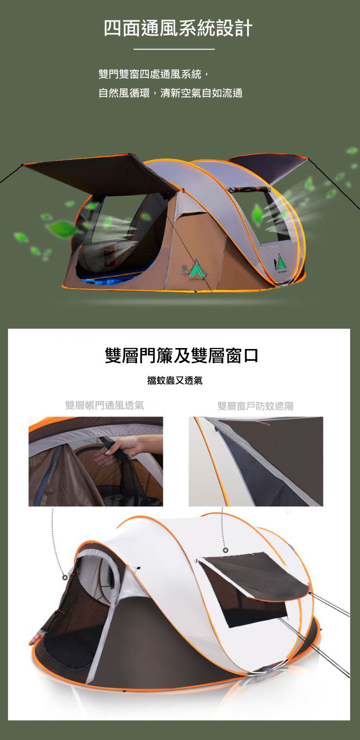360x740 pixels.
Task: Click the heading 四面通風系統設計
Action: click(x=179, y=28)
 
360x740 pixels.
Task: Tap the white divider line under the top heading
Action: click(x=174, y=49)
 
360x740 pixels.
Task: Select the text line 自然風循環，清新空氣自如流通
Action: click(x=170, y=93)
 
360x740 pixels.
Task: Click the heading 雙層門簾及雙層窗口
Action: click(x=181, y=356)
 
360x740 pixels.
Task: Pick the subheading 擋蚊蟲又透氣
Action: click(x=175, y=380)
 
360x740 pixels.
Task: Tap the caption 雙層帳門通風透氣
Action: click(x=104, y=405)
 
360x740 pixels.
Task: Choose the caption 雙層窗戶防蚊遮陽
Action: click(x=255, y=406)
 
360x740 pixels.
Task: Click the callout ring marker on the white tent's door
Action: click(x=65, y=577)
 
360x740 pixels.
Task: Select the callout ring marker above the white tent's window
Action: click(x=225, y=550)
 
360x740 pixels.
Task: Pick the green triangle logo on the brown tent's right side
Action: click(x=280, y=261)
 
